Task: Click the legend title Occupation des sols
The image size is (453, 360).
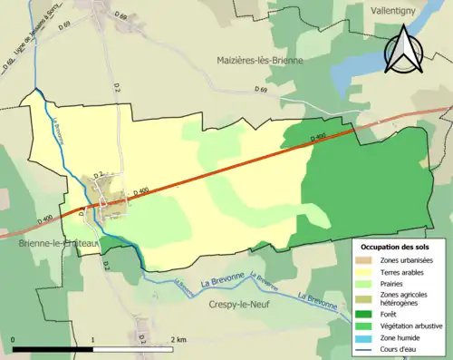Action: pos(398,247)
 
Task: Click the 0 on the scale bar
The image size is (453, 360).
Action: pos(14,340)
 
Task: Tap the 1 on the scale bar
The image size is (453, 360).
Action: pos(93,340)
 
